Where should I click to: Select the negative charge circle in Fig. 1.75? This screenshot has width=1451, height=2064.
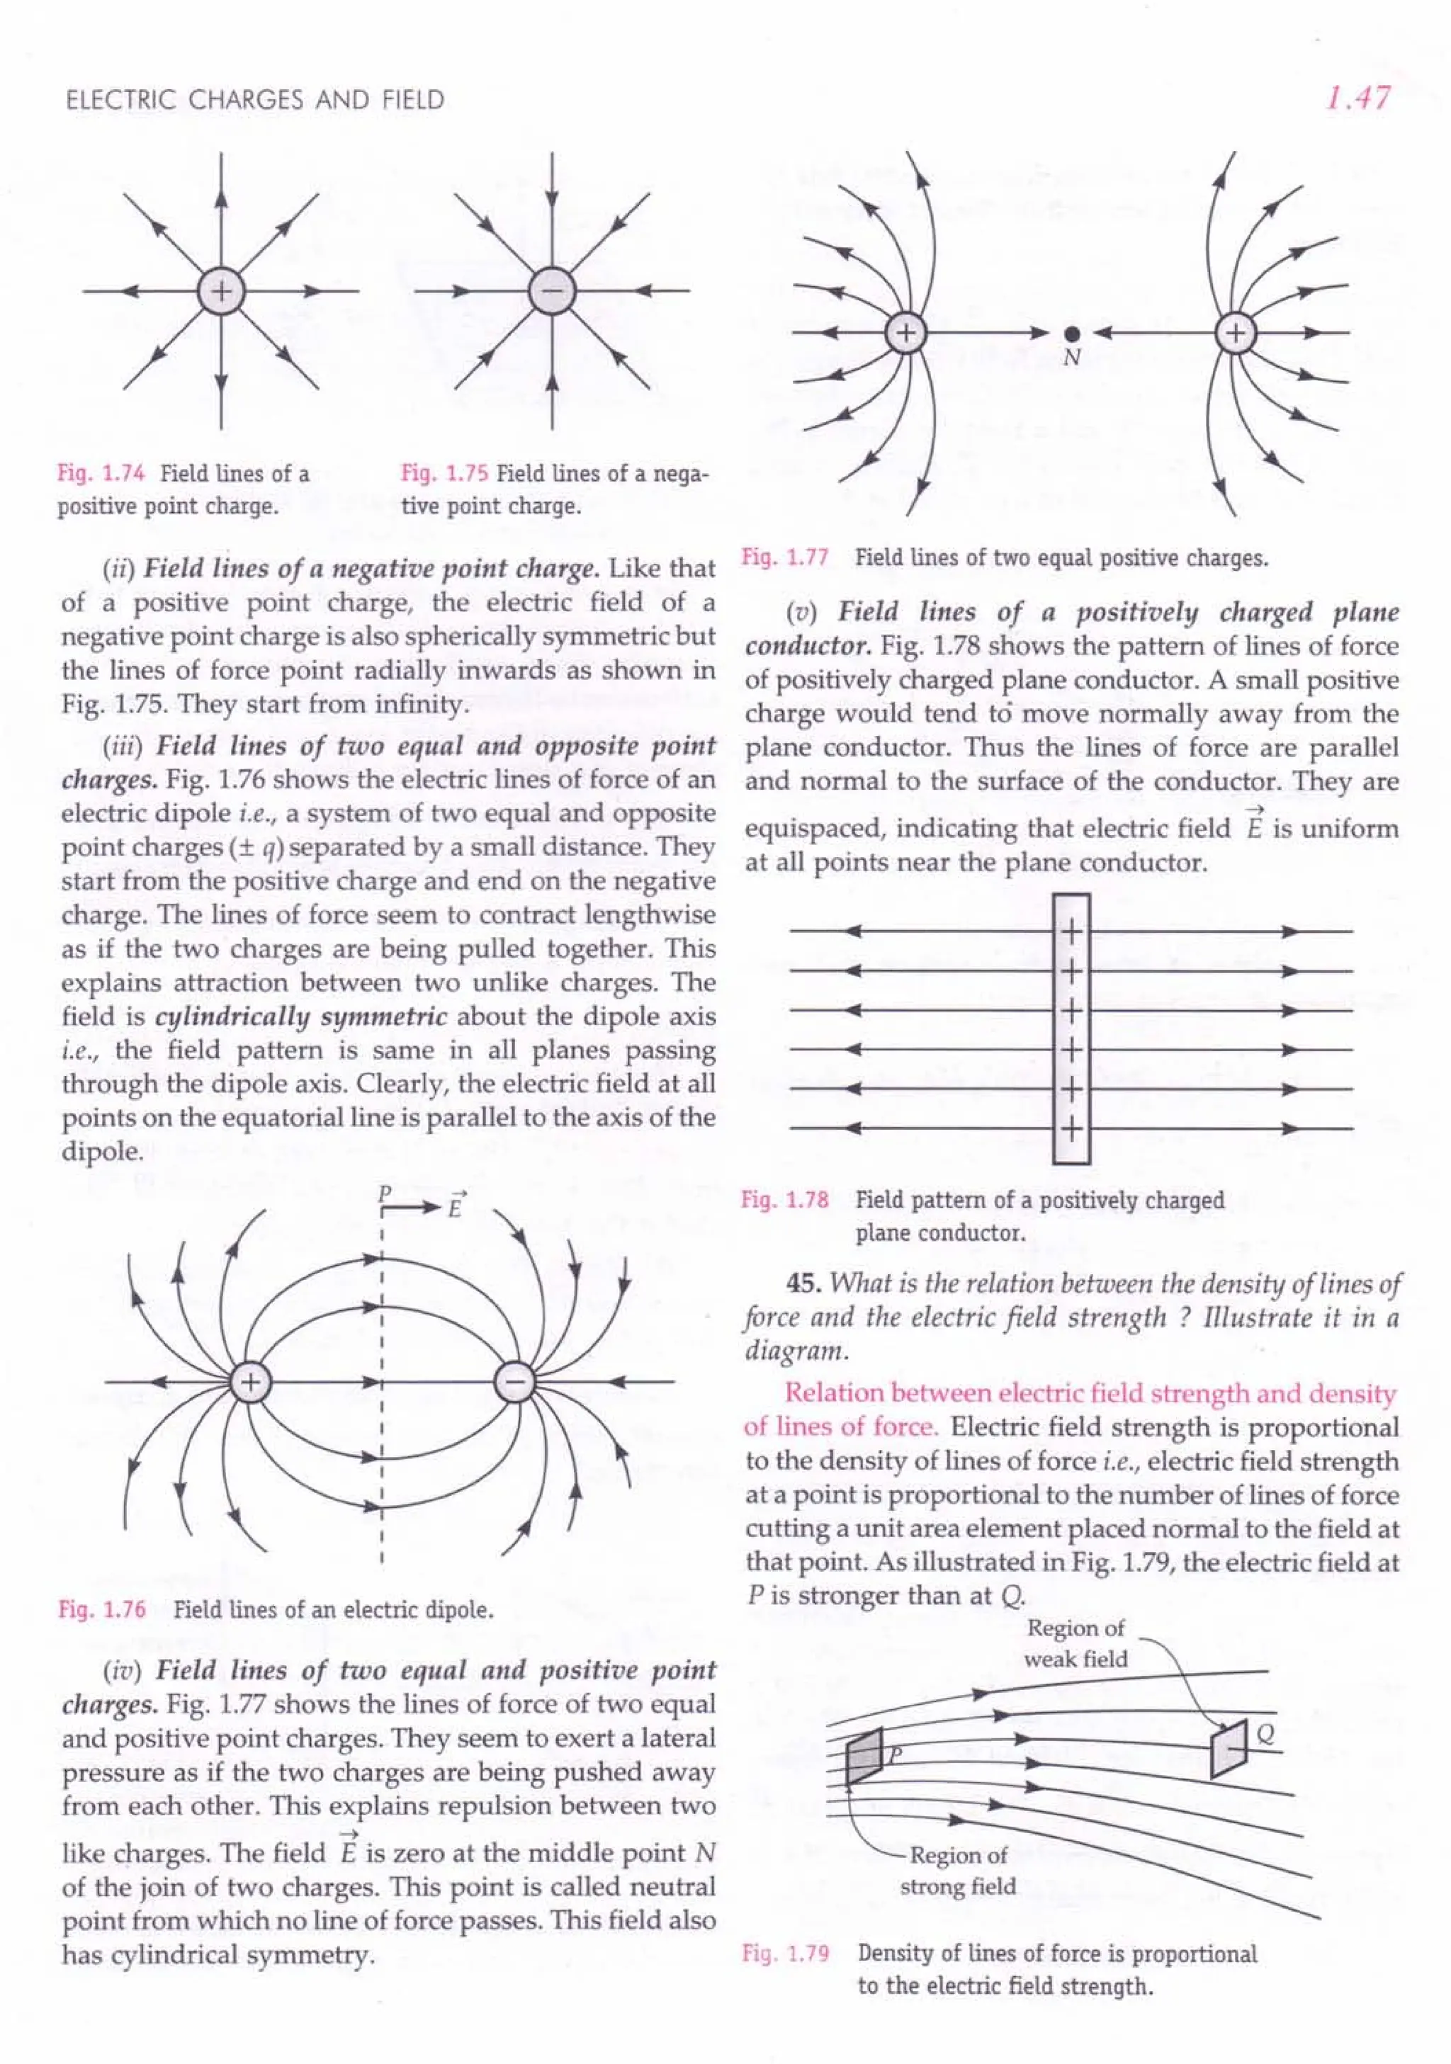click(x=551, y=291)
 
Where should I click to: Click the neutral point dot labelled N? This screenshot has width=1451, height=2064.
click(x=1070, y=334)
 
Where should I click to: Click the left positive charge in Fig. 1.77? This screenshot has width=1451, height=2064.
click(x=906, y=334)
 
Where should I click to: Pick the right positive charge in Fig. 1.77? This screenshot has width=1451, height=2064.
click(x=1237, y=334)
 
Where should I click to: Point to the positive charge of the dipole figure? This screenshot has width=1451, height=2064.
click(x=252, y=1383)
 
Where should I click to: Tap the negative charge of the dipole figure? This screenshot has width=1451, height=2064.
click(x=514, y=1383)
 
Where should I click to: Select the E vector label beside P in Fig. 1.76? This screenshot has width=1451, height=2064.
click(x=456, y=1205)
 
